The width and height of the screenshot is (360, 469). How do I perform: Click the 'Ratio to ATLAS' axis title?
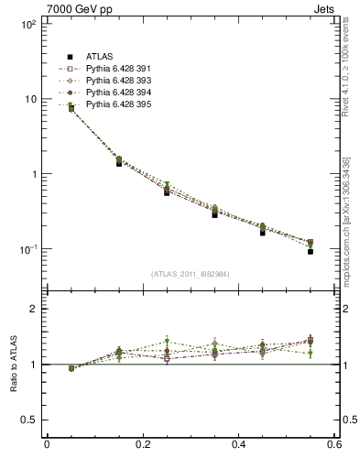12,364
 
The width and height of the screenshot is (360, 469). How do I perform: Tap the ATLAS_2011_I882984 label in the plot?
190,273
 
